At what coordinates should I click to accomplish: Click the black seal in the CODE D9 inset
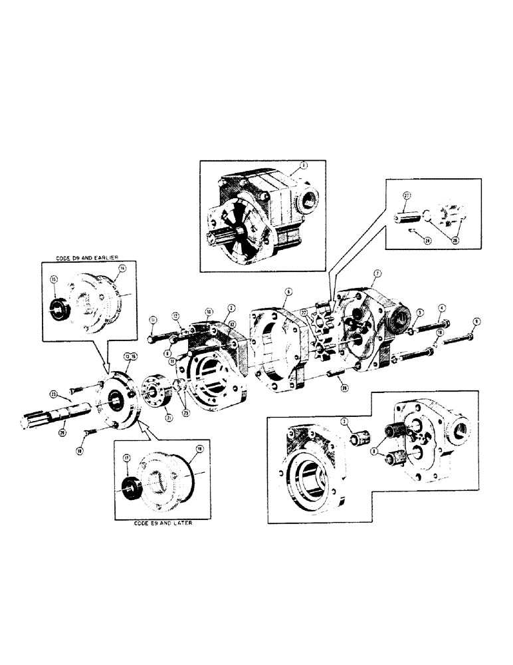(x=60, y=311)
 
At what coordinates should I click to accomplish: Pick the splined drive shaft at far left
(x=50, y=423)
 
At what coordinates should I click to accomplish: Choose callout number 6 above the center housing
(x=288, y=291)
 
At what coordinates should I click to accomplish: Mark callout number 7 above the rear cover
(x=377, y=273)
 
